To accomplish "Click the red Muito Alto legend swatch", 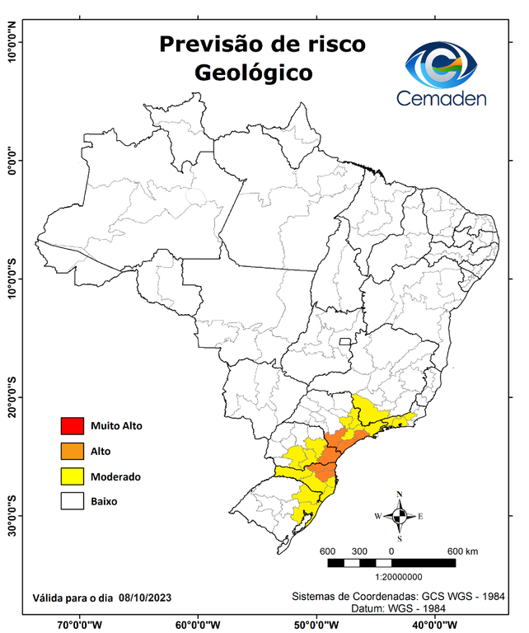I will click(x=73, y=426).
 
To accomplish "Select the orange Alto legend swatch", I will click(x=73, y=451).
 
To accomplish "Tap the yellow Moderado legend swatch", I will click(x=73, y=476).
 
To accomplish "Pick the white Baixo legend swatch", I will click(x=73, y=501).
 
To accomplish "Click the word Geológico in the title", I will click(x=253, y=73).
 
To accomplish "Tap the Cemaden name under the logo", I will click(x=442, y=99).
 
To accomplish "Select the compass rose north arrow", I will click(x=400, y=516).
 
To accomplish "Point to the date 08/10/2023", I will click(x=147, y=597).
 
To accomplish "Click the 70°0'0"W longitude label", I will click(x=80, y=624).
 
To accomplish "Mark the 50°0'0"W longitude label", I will click(x=316, y=624).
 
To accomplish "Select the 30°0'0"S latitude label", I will click(x=12, y=516).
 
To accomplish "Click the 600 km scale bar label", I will click(x=461, y=551).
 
